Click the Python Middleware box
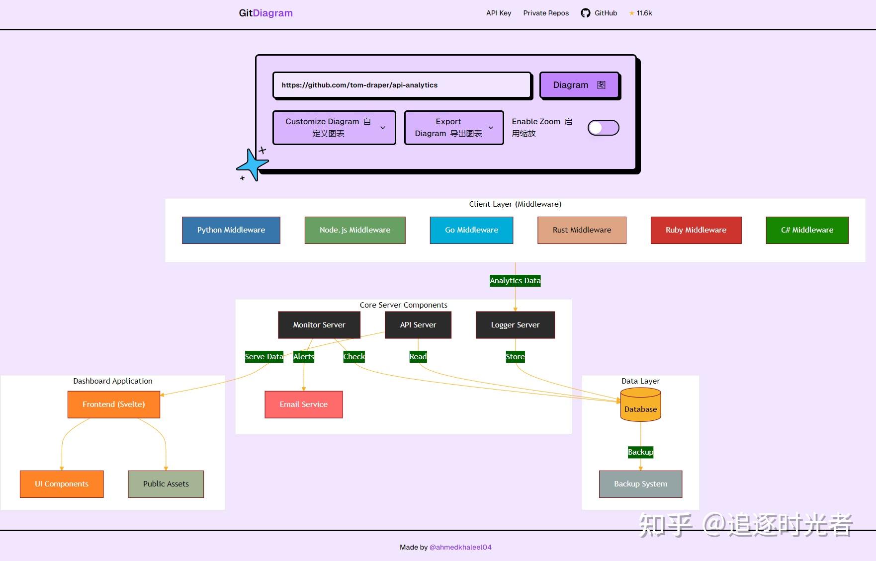[x=231, y=230]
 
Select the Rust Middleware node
[x=582, y=230]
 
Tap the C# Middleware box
[x=807, y=230]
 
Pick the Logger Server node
[x=515, y=325]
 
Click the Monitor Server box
[x=319, y=325]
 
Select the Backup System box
[x=640, y=484]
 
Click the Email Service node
[x=303, y=404]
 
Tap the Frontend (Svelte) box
[x=114, y=404]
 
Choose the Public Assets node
[x=166, y=484]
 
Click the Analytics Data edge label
[x=515, y=281]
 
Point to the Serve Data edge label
[x=264, y=357]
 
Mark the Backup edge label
[x=640, y=452]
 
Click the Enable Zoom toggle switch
[x=603, y=128]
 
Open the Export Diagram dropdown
[x=454, y=128]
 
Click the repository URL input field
[x=402, y=85]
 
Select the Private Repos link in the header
[x=546, y=13]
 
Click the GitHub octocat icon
[x=586, y=13]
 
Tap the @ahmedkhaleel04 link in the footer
[x=460, y=547]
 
